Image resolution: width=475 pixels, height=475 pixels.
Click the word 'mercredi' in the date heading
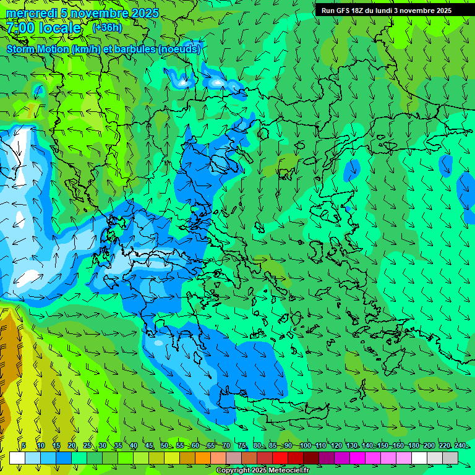[32, 13]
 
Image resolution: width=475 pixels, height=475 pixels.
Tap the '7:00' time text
[21, 28]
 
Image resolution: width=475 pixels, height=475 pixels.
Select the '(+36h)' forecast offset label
[107, 28]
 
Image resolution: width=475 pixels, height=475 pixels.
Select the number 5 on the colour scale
[24, 446]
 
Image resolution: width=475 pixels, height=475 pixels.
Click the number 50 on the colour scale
[164, 446]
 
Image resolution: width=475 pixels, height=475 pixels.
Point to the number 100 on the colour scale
[305, 446]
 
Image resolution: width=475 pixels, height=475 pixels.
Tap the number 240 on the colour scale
[460, 446]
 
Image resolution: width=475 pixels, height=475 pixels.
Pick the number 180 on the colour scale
[413, 446]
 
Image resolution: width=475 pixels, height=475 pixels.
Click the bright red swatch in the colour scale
[280, 458]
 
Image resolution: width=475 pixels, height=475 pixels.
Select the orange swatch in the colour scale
[203, 458]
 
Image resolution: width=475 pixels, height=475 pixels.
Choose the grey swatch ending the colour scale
[450, 458]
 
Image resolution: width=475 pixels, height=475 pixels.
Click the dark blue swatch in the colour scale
[64, 458]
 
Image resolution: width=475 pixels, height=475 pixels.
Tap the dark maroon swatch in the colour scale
[311, 458]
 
